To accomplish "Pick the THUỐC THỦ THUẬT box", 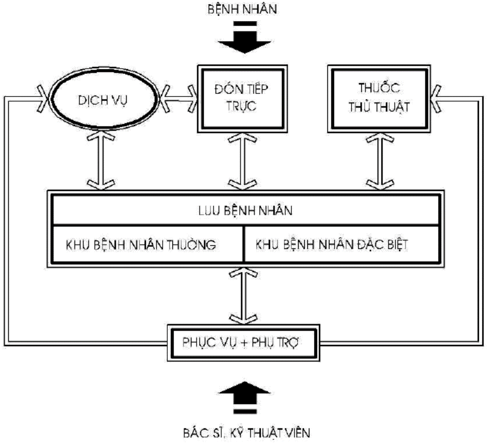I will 379,99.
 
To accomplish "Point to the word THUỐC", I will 379,88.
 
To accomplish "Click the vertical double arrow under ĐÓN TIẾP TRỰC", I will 240,160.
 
